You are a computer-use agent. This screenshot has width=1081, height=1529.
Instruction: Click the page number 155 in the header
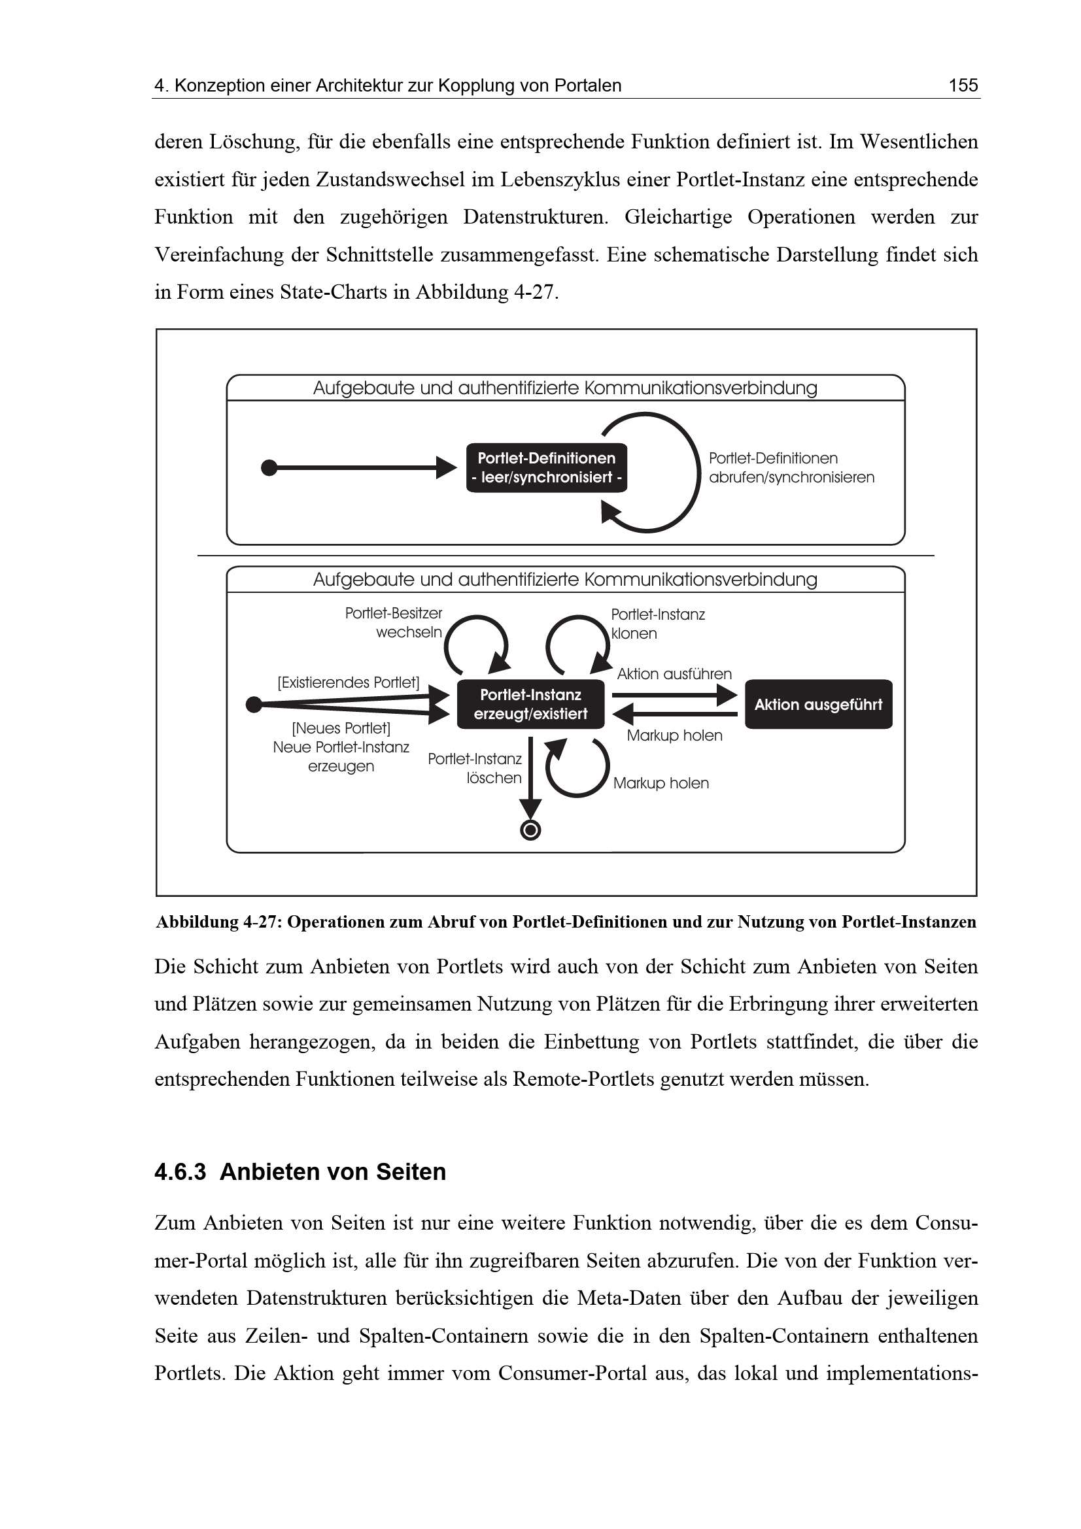pyautogui.click(x=963, y=85)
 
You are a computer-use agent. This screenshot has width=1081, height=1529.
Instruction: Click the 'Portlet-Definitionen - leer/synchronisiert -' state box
pyautogui.click(x=546, y=467)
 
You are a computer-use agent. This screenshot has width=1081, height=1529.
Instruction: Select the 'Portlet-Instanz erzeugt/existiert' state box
pyautogui.click(x=530, y=704)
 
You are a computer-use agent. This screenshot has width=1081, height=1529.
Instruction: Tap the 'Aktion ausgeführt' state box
pyautogui.click(x=818, y=704)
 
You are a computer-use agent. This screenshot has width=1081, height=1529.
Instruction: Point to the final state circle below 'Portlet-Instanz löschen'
pyautogui.click(x=530, y=830)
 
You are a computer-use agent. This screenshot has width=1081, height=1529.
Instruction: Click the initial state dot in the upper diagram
pyautogui.click(x=269, y=467)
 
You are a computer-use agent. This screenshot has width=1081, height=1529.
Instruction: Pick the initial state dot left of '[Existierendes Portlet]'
pyautogui.click(x=254, y=704)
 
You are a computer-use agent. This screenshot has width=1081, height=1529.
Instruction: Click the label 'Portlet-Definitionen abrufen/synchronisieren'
pyautogui.click(x=791, y=467)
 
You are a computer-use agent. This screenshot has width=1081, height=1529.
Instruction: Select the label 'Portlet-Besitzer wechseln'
pyautogui.click(x=394, y=623)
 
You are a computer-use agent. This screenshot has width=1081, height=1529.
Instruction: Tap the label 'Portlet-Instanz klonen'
pyautogui.click(x=657, y=624)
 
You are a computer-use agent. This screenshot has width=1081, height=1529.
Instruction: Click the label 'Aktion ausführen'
pyautogui.click(x=674, y=674)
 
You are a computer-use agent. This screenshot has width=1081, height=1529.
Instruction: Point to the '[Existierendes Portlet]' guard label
pyautogui.click(x=349, y=682)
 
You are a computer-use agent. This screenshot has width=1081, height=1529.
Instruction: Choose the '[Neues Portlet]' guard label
pyautogui.click(x=341, y=728)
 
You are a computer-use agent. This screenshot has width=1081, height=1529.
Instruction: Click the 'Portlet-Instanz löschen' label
pyautogui.click(x=475, y=769)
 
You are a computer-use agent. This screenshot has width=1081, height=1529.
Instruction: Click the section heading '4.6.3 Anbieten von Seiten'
pyautogui.click(x=300, y=1171)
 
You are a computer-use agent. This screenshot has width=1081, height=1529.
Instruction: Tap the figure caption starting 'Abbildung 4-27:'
pyautogui.click(x=566, y=922)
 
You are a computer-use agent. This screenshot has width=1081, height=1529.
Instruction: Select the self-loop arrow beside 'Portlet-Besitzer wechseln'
pyautogui.click(x=475, y=643)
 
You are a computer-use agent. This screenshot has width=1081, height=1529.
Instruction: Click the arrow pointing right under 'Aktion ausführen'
pyautogui.click(x=674, y=696)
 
